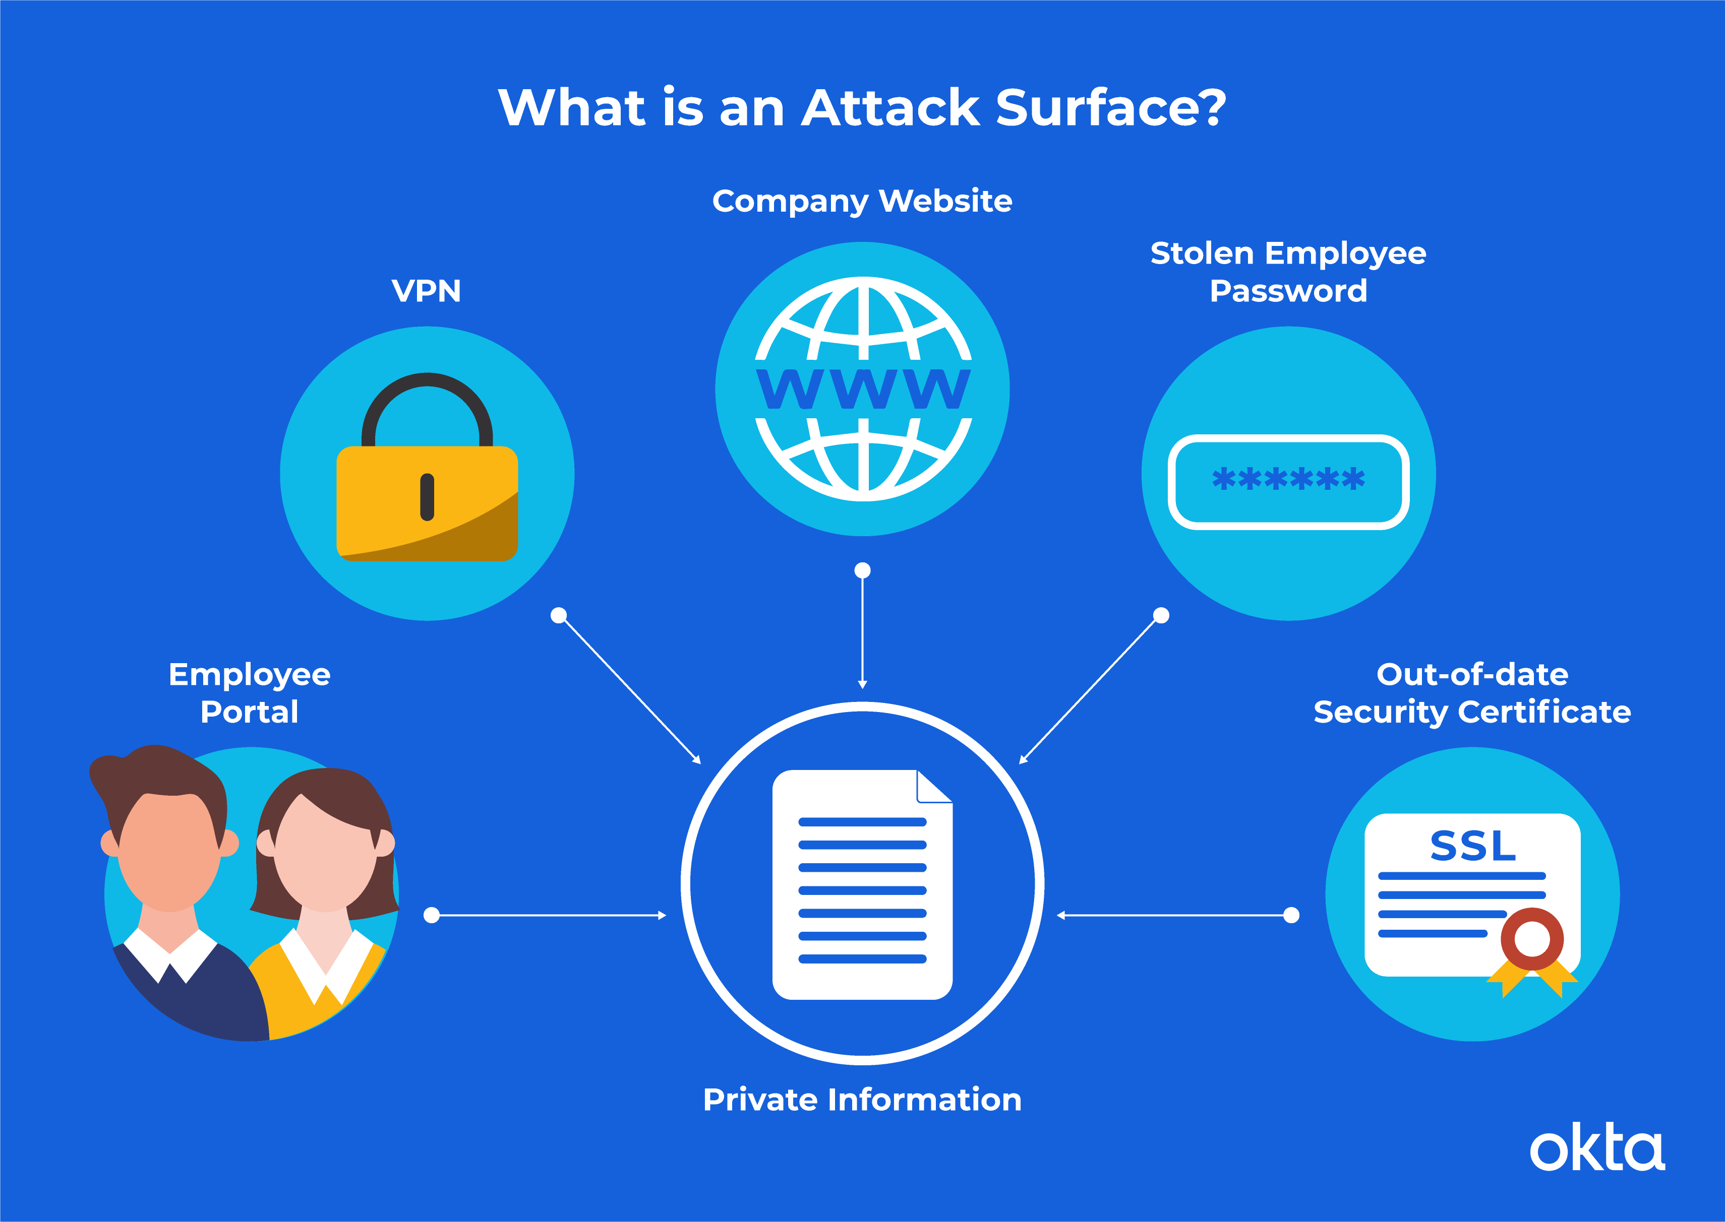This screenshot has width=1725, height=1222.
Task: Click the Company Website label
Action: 862,202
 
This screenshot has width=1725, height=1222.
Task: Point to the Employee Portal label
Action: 249,693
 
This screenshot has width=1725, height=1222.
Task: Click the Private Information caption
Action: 862,1100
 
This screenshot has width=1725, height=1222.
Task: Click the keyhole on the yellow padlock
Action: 427,497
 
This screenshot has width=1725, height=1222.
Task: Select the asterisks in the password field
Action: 1288,479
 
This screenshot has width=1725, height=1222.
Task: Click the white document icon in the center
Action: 862,884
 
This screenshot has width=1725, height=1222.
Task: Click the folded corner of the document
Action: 934,786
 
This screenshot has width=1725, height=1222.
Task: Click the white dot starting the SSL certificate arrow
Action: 1291,915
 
